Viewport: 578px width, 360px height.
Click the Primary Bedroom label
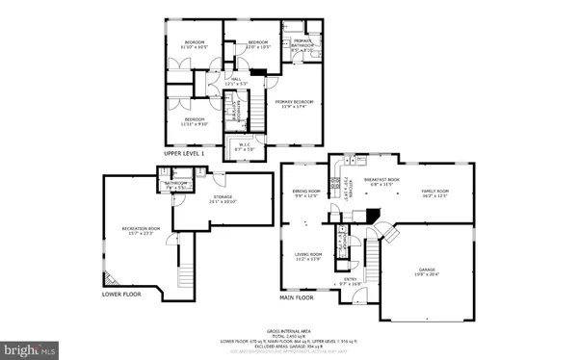(291, 104)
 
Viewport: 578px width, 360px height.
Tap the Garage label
(427, 270)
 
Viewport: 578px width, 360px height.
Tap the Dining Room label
(306, 194)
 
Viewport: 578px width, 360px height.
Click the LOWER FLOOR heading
(124, 295)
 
